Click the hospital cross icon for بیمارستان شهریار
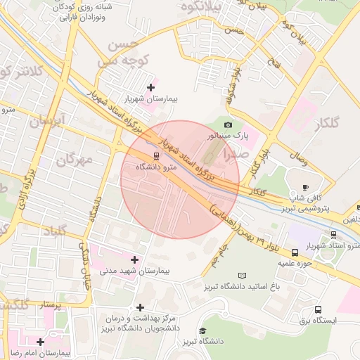point(150,87)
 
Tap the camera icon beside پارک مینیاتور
point(228,124)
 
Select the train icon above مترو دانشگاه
point(155,156)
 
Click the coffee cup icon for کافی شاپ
point(304,187)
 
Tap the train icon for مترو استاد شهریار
point(333,235)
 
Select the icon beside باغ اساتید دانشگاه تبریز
point(243,276)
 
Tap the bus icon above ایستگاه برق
point(319,309)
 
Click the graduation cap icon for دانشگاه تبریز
point(202,331)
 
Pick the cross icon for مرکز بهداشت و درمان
point(141,307)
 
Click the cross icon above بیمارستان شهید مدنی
point(134,259)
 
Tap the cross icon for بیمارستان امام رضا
point(41,342)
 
